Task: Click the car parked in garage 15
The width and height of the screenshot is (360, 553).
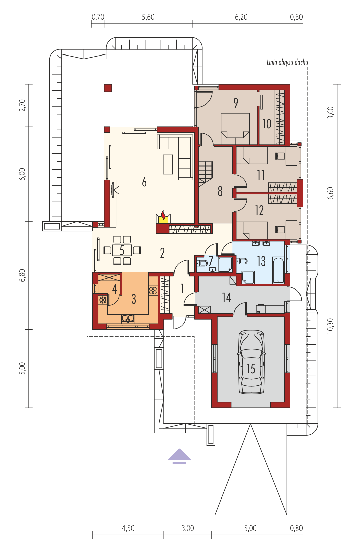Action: [251, 362]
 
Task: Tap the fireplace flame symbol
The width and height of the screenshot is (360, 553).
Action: [163, 215]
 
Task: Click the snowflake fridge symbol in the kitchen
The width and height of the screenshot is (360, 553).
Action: [102, 300]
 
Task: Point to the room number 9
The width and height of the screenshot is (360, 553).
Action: [236, 103]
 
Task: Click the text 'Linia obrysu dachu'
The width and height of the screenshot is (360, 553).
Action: [287, 62]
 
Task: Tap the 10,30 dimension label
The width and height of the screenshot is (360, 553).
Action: [331, 326]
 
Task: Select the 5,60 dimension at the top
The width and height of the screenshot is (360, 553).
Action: [148, 17]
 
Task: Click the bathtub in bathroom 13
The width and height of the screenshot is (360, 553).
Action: [278, 270]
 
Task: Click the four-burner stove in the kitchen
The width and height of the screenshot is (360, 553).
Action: [153, 290]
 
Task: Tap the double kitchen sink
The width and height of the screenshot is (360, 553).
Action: [128, 319]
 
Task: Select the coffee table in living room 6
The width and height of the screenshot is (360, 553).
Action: [168, 164]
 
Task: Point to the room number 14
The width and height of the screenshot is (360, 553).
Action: [227, 298]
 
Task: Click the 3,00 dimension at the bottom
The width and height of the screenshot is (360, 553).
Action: [188, 528]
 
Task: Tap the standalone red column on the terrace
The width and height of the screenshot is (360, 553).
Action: [108, 88]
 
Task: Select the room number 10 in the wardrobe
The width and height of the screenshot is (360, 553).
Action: [267, 124]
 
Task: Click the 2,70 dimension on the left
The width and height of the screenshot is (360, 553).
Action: [22, 105]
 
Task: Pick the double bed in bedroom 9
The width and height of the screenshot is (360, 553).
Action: [235, 129]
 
